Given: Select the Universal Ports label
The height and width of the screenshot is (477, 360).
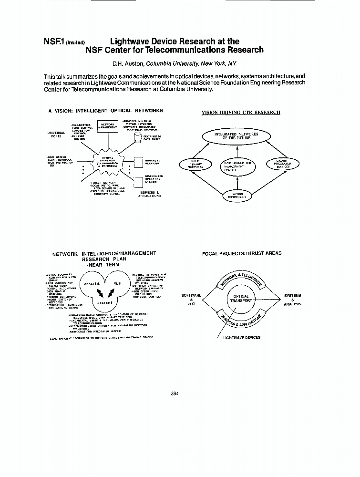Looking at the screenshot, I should [57, 134].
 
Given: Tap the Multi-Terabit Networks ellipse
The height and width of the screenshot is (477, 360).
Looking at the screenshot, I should [195, 165].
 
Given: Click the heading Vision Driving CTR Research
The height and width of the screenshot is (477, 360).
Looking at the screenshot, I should [240, 113].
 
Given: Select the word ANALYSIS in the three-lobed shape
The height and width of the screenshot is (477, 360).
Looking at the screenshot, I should [92, 284].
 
